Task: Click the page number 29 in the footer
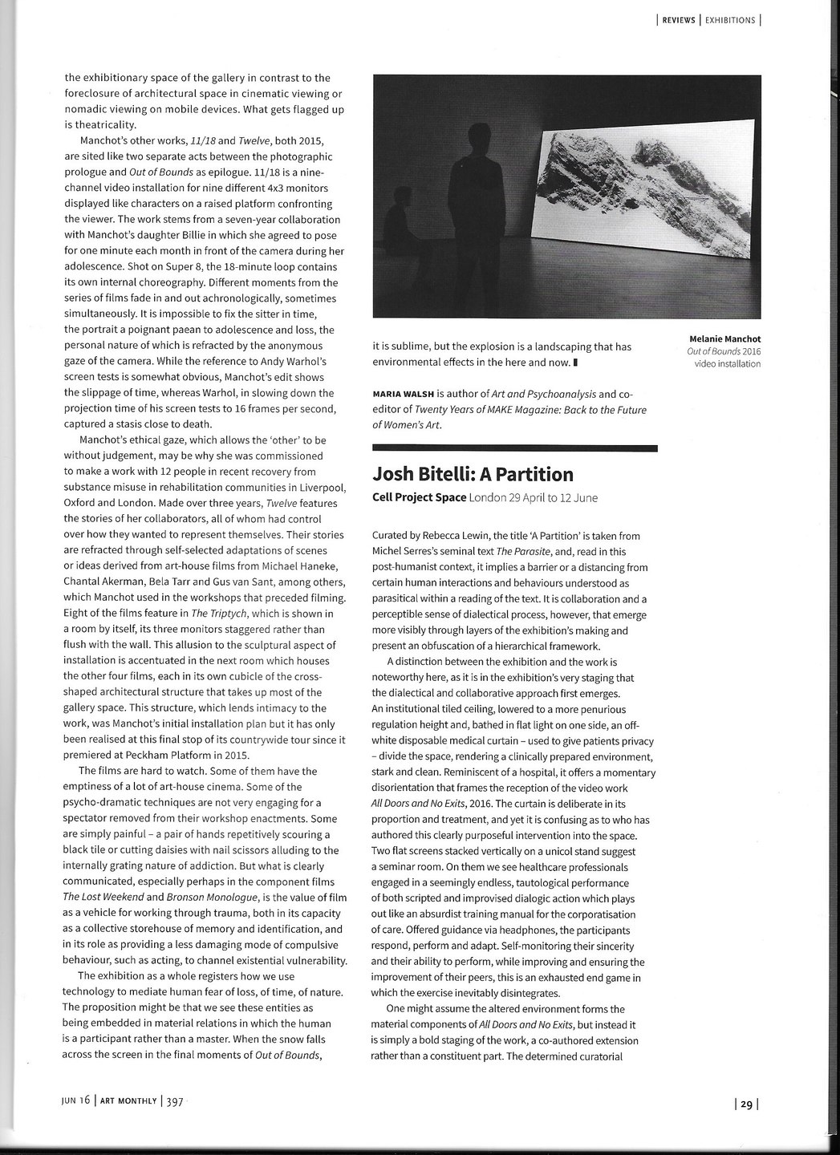coord(746,1104)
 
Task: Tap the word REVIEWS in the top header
coord(679,20)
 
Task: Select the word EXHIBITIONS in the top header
coord(729,20)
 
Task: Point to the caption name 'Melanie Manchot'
coord(723,338)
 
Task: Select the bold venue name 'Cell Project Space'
coord(420,497)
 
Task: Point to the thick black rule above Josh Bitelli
coord(515,447)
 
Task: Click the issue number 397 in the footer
coord(176,1102)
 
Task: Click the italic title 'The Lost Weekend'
coord(100,898)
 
